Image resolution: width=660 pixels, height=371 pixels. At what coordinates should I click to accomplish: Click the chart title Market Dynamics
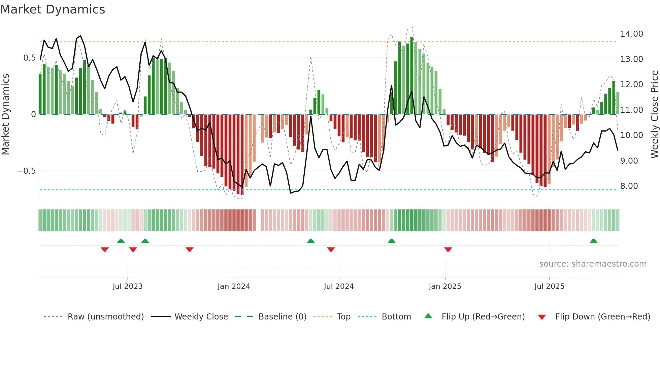[x=53, y=9]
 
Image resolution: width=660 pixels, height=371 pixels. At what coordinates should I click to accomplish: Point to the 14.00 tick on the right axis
[x=631, y=34]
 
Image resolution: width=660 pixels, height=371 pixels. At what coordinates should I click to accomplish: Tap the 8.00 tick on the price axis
[x=629, y=186]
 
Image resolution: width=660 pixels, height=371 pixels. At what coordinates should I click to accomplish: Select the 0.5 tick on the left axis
[x=29, y=58]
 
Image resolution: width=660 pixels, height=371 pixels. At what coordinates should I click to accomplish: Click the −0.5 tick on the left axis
[x=26, y=171]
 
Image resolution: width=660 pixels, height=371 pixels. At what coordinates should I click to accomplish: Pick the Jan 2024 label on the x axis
[x=234, y=286]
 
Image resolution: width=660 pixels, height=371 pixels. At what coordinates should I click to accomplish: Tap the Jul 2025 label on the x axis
[x=549, y=286]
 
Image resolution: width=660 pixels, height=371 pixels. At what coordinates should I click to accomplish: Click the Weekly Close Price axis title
[x=654, y=114]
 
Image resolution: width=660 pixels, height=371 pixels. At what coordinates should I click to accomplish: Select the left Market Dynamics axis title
[x=5, y=114]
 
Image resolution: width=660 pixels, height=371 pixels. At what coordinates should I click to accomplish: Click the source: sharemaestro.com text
[x=593, y=264]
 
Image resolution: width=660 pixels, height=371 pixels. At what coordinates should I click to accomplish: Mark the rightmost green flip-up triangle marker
[x=593, y=241]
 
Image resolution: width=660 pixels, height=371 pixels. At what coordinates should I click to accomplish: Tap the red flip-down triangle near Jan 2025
[x=448, y=249]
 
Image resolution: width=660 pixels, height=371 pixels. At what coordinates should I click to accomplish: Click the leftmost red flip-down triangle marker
[x=105, y=249]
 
